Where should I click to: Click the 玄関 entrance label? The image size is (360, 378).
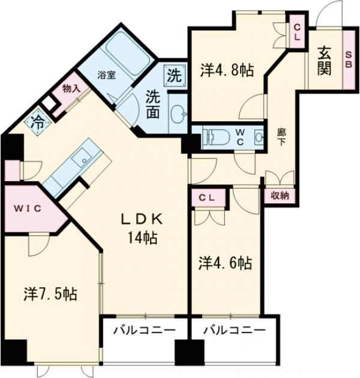(x=325, y=61)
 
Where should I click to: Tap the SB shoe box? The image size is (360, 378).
(x=349, y=60)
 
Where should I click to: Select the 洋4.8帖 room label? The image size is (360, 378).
(x=226, y=70)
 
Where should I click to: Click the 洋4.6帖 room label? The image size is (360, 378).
(x=225, y=262)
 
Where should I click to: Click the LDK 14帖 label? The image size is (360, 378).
(x=142, y=228)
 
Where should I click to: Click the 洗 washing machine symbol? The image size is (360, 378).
(x=173, y=76)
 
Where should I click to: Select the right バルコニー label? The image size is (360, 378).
(x=233, y=331)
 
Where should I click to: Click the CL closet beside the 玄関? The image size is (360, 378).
(x=298, y=31)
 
